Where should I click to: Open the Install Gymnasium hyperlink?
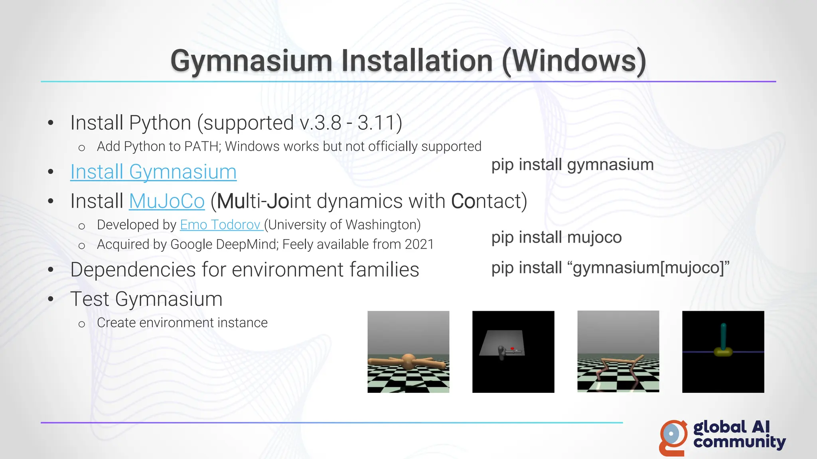coord(153,172)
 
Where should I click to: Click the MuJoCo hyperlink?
coord(167,201)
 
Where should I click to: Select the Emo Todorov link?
coord(220,225)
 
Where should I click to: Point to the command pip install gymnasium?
coord(572,165)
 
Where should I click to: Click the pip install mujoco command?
coord(556,237)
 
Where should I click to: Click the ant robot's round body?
coord(408,361)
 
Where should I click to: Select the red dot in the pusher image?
coord(512,348)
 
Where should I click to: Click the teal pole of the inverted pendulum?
coord(723,335)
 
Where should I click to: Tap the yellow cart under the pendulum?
coord(723,351)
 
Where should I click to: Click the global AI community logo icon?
coord(673,437)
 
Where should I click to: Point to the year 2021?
coord(419,244)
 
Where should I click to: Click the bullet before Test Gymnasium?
coord(51,299)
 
